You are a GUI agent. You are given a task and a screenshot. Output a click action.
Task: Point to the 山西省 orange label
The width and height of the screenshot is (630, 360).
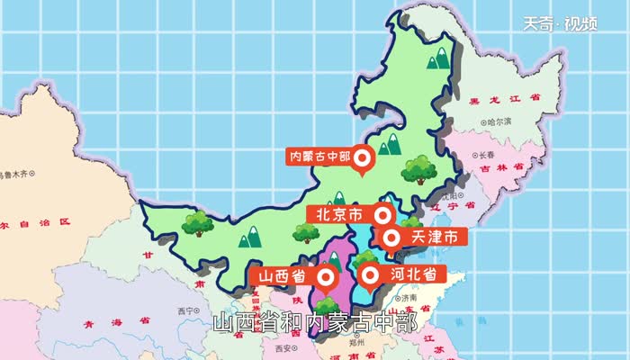point(283,274)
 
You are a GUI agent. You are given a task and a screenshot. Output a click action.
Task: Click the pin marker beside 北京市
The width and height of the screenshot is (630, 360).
point(383,215)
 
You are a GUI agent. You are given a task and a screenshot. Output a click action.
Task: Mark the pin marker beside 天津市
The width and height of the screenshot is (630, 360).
point(392,238)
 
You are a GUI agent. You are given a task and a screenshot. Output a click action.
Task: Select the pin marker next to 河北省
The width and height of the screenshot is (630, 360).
point(368,274)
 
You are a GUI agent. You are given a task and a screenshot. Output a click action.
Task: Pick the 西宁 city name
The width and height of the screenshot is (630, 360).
point(186,311)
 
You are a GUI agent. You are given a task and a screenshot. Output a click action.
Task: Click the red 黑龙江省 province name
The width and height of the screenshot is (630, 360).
point(504,99)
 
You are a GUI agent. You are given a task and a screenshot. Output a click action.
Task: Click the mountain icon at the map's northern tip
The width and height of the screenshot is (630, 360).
point(438,60)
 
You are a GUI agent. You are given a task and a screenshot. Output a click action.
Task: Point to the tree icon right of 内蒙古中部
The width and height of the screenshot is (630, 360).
point(419,168)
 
